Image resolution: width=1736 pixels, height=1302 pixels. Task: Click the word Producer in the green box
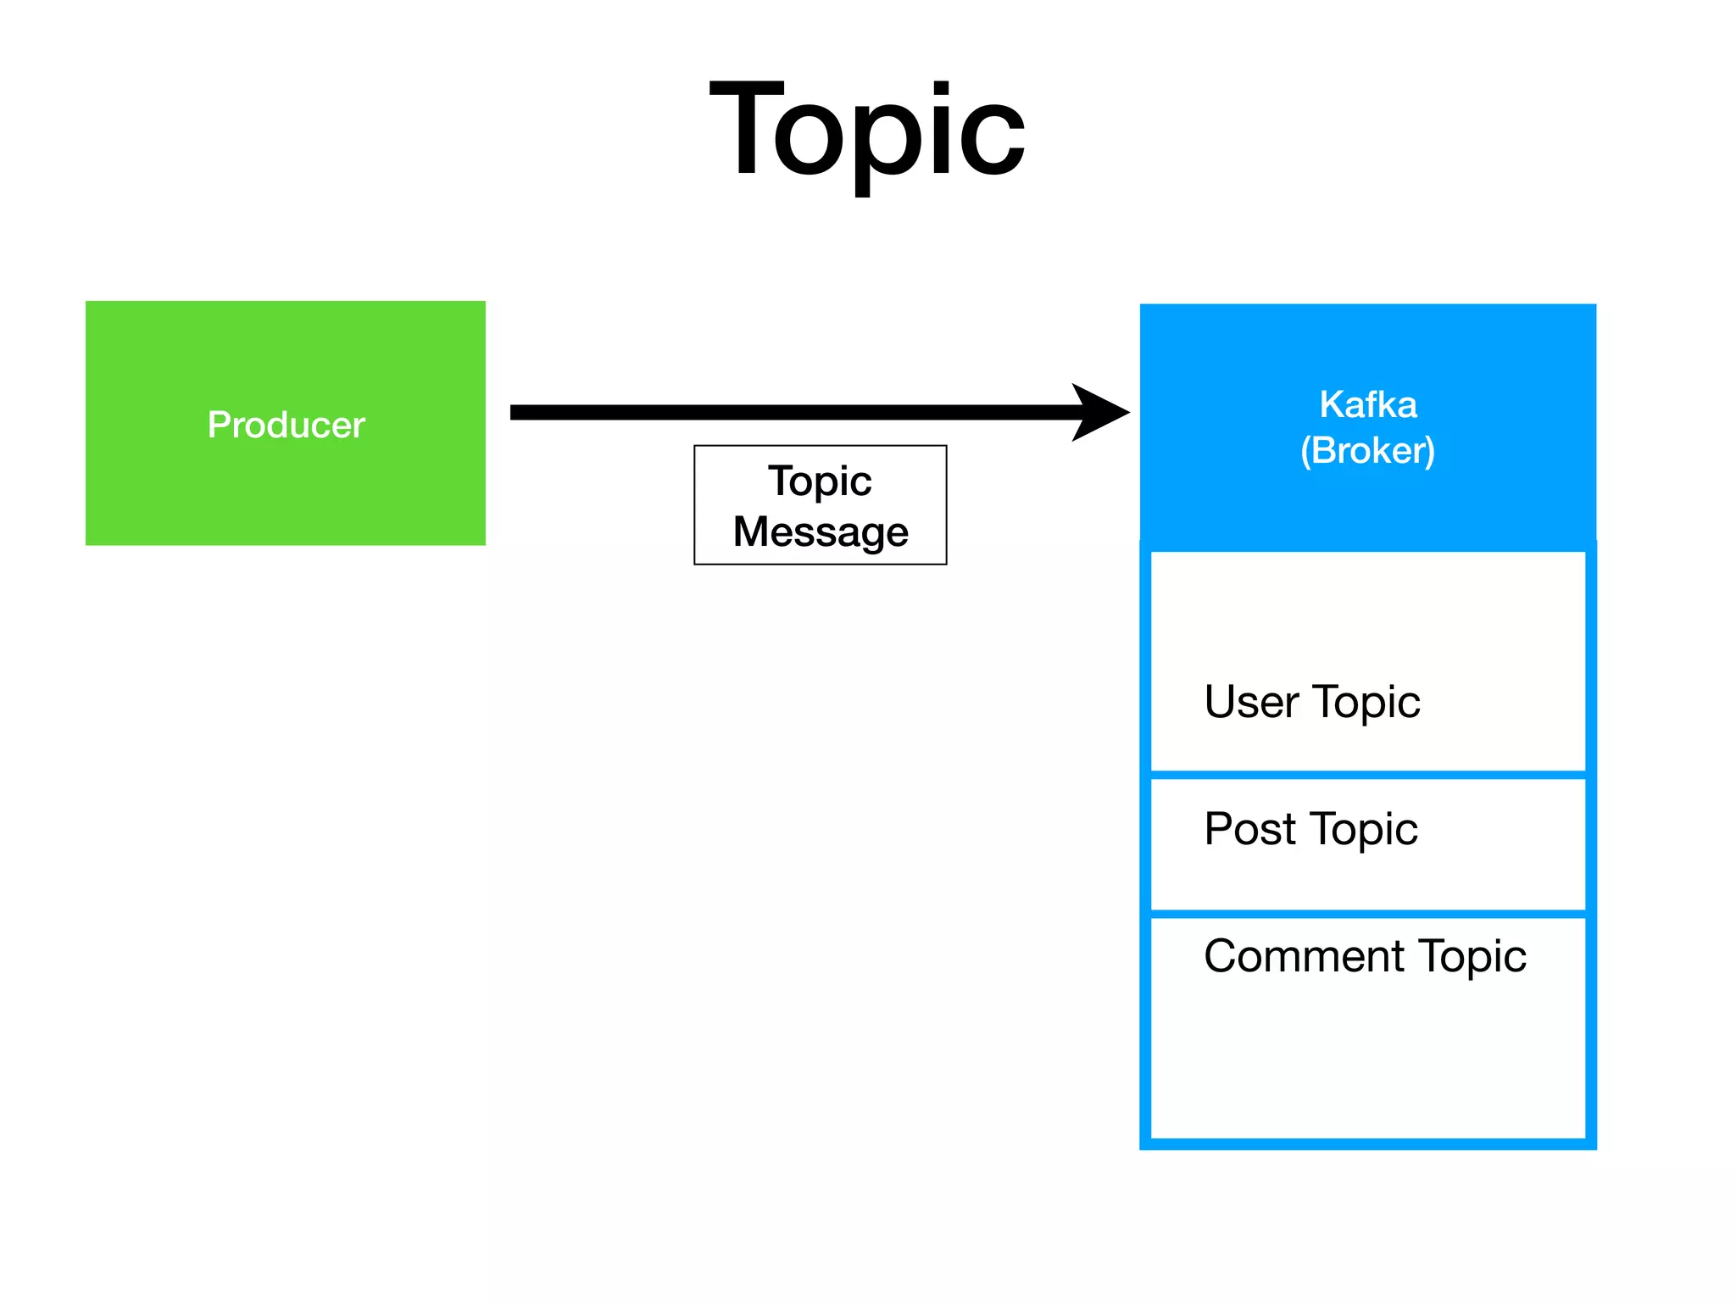[x=286, y=425]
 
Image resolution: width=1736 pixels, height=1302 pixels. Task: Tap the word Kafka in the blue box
[x=1367, y=404]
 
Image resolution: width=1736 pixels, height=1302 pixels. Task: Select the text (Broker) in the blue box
[x=1367, y=450]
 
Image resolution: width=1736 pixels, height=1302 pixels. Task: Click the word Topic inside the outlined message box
[x=820, y=481]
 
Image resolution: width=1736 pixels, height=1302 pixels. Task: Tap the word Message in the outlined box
[x=820, y=531]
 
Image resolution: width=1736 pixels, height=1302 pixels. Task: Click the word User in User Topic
[x=1251, y=702]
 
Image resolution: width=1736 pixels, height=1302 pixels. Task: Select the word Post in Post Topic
[x=1249, y=828]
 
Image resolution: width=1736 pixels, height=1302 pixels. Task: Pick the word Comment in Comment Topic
[x=1304, y=956]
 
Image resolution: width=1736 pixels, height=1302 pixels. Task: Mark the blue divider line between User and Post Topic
[x=1367, y=775]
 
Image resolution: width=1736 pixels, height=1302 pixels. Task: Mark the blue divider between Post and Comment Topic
[x=1367, y=914]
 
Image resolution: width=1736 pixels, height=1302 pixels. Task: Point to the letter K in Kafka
[x=1330, y=404]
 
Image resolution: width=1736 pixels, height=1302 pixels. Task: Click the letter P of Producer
[x=218, y=425]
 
